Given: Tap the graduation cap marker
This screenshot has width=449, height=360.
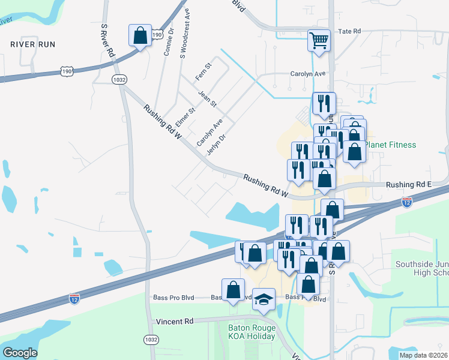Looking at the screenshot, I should click(263, 299).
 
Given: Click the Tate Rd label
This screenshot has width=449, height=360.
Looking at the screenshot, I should click(349, 31).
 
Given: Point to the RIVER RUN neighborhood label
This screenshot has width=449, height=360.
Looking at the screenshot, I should click(32, 44).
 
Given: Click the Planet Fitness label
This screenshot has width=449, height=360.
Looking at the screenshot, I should click(390, 145).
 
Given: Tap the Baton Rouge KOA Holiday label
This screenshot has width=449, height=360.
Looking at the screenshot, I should click(252, 332).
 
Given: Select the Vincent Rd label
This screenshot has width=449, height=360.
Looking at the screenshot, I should click(175, 322).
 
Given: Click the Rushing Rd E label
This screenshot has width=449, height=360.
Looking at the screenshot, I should click(408, 185).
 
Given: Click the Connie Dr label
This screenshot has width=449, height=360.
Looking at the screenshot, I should click(168, 41).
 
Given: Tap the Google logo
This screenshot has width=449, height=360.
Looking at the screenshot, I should click(20, 353).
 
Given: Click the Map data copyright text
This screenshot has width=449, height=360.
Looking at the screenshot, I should click(423, 355).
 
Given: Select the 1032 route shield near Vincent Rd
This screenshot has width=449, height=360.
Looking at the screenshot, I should click(151, 340).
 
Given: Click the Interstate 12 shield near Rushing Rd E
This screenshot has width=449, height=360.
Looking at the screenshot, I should click(407, 202).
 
